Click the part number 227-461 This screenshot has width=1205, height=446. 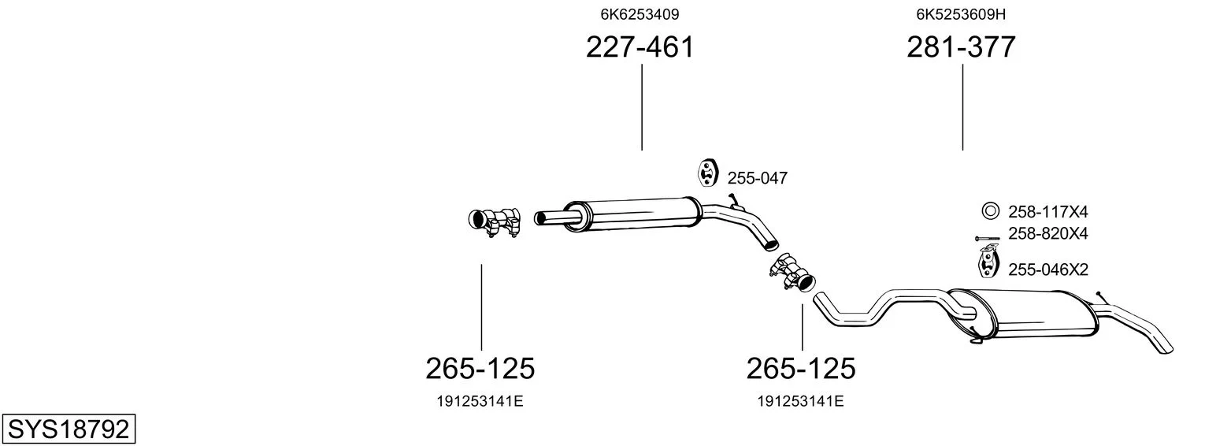640,46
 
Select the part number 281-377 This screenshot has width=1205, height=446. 961,46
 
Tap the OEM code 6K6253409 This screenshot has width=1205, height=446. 640,14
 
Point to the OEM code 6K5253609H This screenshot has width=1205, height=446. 961,14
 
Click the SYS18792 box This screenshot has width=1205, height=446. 69,429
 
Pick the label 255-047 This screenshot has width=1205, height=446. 758,178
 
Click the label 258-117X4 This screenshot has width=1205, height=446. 1048,212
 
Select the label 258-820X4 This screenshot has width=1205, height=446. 1048,233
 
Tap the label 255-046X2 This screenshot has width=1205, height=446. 1048,269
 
